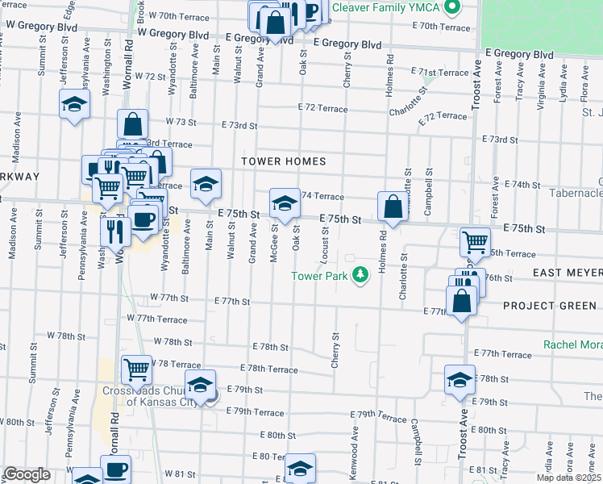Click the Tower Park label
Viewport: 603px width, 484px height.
tap(321, 276)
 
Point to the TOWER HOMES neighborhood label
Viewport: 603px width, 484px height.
tap(284, 161)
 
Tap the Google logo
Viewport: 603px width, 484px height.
tap(26, 474)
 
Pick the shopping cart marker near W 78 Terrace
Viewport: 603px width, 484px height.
tap(137, 370)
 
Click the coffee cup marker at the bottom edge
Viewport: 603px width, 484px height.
tap(115, 469)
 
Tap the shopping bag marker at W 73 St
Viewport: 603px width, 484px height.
tap(132, 124)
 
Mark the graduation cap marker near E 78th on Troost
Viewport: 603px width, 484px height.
tap(460, 380)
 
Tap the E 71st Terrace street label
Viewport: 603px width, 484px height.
tap(439, 72)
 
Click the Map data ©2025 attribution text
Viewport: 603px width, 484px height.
tap(568, 478)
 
